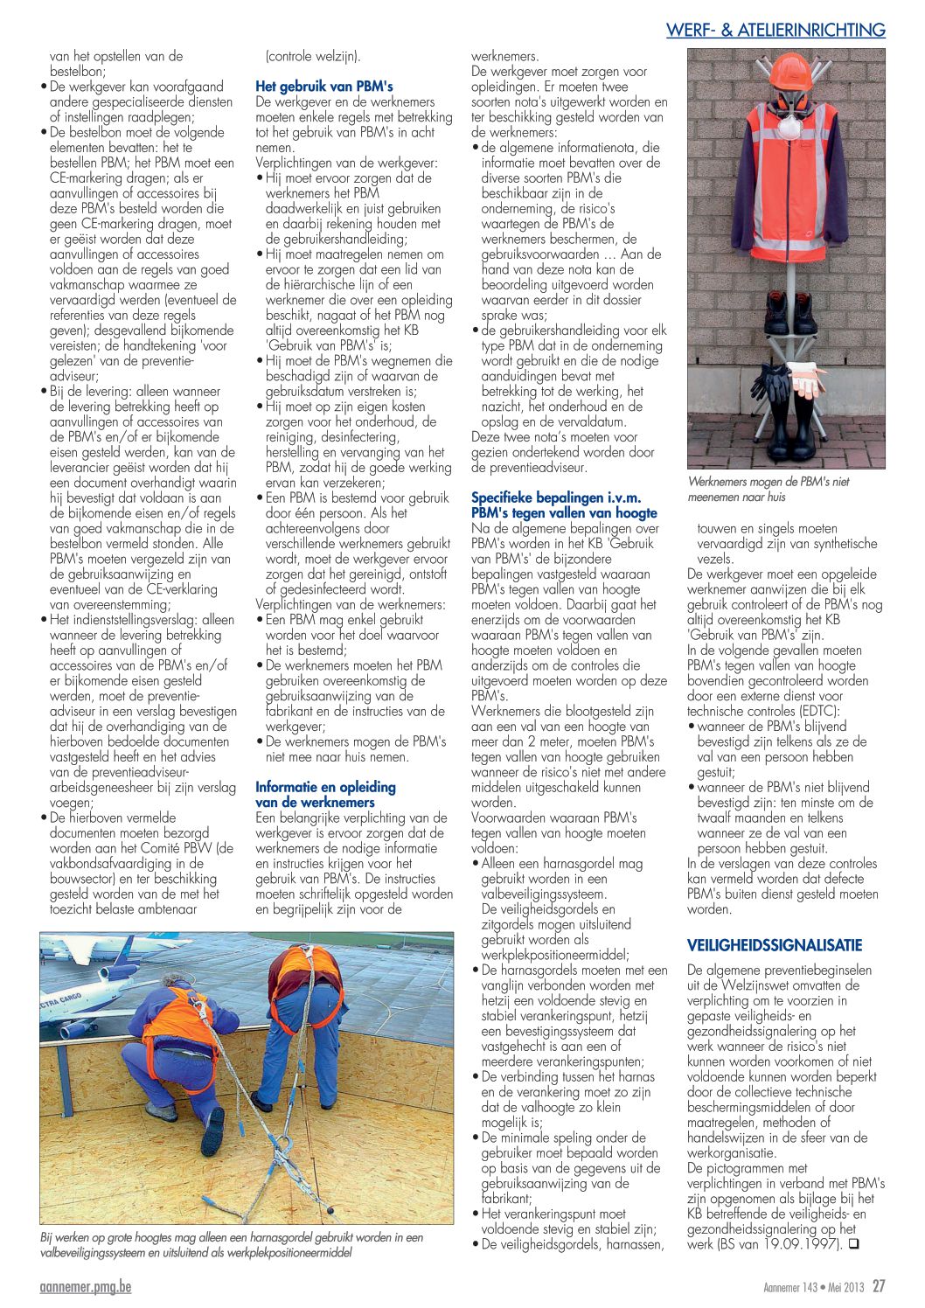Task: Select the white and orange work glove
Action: tap(806, 379)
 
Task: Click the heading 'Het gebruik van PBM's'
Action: tap(323, 87)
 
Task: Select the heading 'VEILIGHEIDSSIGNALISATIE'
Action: tap(774, 945)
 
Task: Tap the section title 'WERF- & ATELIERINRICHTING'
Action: tap(775, 31)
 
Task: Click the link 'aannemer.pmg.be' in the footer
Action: tap(86, 1287)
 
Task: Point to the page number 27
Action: tap(879, 1286)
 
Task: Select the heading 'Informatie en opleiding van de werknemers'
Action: tap(325, 795)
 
